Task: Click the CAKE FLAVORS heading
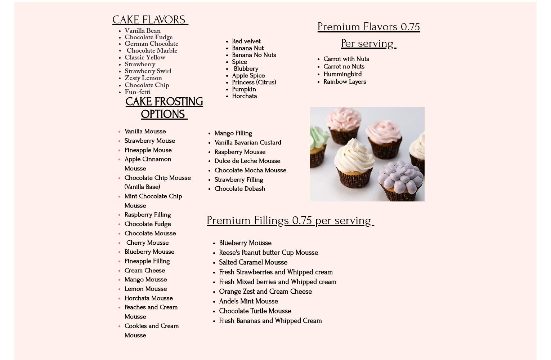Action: point(150,20)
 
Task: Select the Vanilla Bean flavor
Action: point(143,31)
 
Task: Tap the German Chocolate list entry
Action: point(151,44)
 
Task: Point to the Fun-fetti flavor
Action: point(138,92)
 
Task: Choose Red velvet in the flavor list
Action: point(246,41)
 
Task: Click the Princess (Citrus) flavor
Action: point(254,83)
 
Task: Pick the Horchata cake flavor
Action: point(244,96)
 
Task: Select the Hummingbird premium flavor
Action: point(342,74)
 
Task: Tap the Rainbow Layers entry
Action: point(344,82)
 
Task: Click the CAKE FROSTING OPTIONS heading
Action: point(164,108)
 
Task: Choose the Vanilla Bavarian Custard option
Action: point(248,143)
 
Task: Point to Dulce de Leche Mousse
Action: point(247,161)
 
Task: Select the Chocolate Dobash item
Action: point(239,189)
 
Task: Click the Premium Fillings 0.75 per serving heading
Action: point(290,221)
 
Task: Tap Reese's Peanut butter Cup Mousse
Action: point(268,253)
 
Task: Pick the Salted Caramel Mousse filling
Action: point(253,262)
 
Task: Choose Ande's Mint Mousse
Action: point(248,301)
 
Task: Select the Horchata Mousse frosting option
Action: point(148,298)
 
